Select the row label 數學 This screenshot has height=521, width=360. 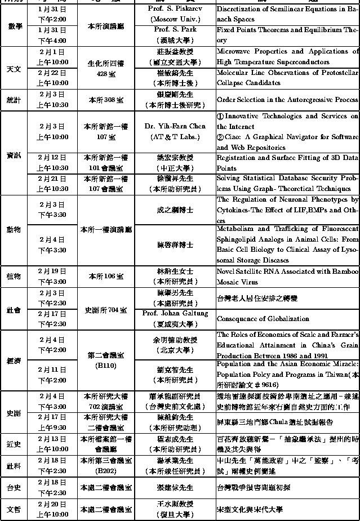click(15, 25)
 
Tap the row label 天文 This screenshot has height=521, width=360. click(14, 69)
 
